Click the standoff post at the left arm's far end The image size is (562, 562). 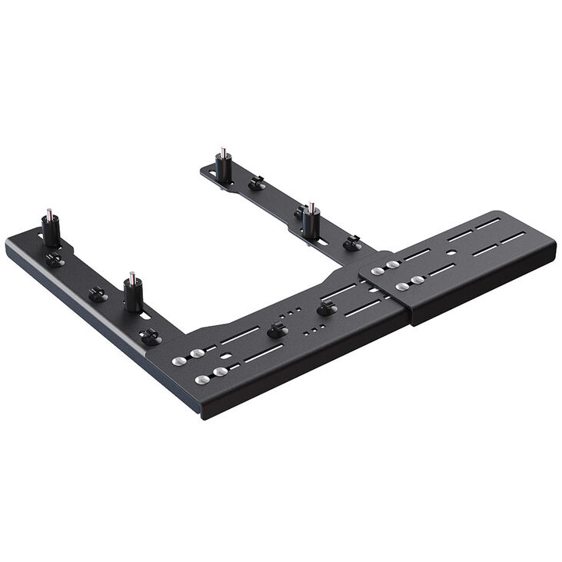[x=51, y=230]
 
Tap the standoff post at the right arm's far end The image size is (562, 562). [x=223, y=167]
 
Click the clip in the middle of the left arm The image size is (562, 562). [x=98, y=294]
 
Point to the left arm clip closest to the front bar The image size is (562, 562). [x=151, y=337]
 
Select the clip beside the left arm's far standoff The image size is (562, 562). [x=55, y=260]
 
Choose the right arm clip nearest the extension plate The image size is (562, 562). [x=351, y=243]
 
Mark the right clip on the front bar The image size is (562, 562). [x=327, y=308]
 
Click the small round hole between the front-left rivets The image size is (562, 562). [x=223, y=357]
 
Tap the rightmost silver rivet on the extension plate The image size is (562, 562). [x=418, y=281]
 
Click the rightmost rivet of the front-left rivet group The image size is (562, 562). [x=221, y=372]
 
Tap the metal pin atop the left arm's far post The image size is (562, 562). [x=49, y=213]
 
